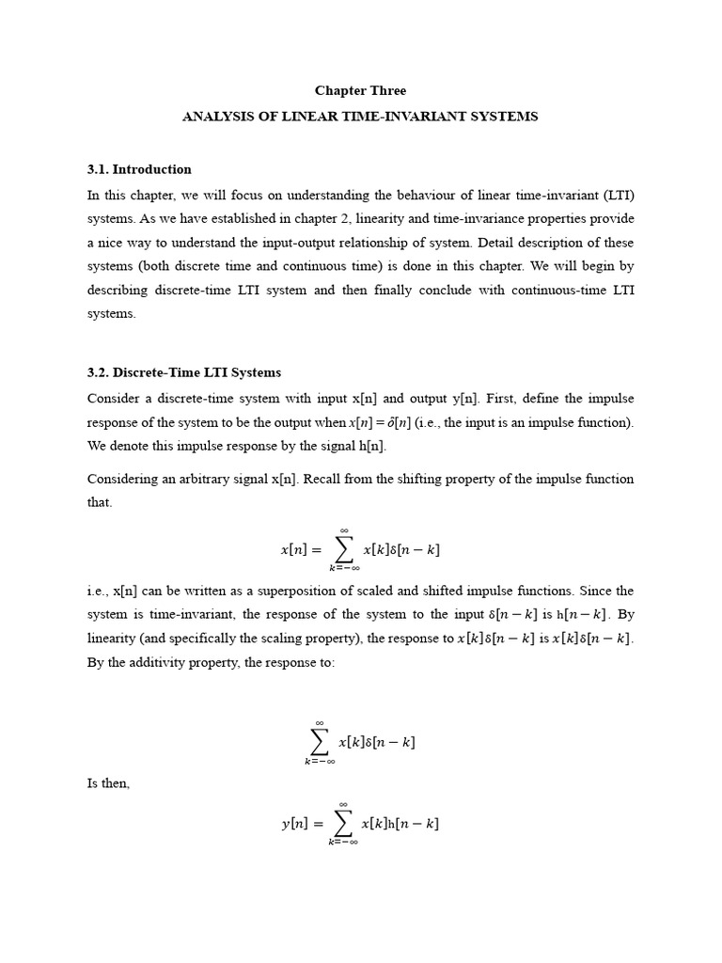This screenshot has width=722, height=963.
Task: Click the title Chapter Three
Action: pyautogui.click(x=360, y=91)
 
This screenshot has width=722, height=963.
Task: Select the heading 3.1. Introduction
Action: pyautogui.click(x=139, y=169)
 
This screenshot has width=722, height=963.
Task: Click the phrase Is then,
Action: pyautogui.click(x=108, y=783)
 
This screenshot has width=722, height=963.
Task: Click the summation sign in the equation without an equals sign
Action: pyautogui.click(x=320, y=742)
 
